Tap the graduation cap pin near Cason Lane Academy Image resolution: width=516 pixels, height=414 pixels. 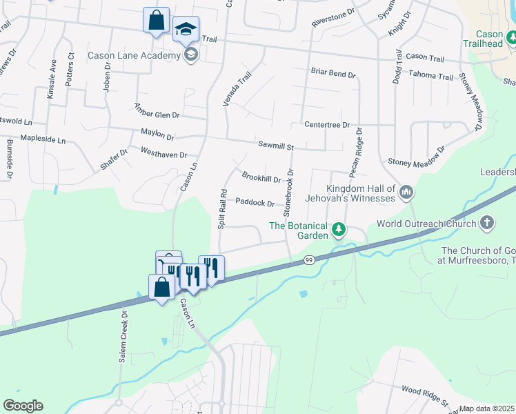[185, 30]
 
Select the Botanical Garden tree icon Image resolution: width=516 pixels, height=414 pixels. [338, 228]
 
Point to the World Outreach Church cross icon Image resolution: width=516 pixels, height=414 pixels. [487, 223]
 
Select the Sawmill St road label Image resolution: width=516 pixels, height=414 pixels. [276, 146]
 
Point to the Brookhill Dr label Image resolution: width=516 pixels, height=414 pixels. [261, 178]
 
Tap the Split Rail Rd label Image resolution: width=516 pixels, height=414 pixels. [222, 208]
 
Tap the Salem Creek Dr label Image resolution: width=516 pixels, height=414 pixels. [123, 336]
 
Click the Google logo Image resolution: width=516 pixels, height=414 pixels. [22, 406]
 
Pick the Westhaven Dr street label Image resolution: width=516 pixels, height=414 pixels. [163, 152]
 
